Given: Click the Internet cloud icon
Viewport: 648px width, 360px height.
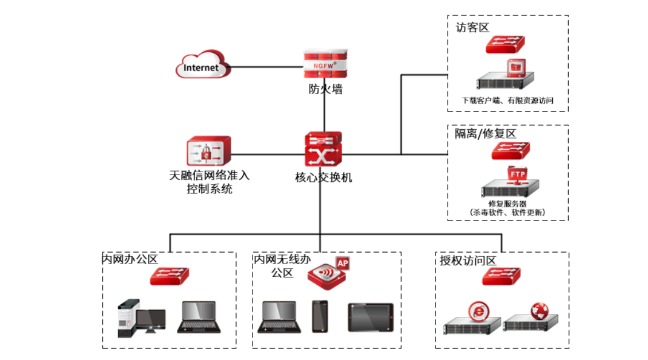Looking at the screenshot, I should click(202, 67).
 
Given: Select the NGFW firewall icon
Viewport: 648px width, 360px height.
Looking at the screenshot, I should click(324, 64).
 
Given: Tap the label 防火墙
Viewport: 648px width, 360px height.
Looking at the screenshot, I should click(325, 89).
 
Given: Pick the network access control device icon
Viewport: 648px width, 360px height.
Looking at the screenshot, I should click(208, 152).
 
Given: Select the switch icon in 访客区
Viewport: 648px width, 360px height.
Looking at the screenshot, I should click(505, 44).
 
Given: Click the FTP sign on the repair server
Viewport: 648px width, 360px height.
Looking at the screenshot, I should click(518, 173).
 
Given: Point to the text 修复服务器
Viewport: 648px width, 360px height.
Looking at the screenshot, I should click(507, 204).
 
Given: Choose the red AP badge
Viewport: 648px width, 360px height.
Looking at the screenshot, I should click(343, 263).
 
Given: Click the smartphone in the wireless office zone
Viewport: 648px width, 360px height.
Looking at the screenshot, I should click(320, 316).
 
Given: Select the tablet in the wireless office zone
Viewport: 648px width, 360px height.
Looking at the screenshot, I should click(370, 317).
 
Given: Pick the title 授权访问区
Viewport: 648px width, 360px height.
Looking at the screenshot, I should click(468, 261).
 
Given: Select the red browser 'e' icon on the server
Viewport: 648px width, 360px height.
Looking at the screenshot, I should click(477, 311).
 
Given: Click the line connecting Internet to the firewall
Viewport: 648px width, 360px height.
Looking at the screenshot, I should click(267, 67).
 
